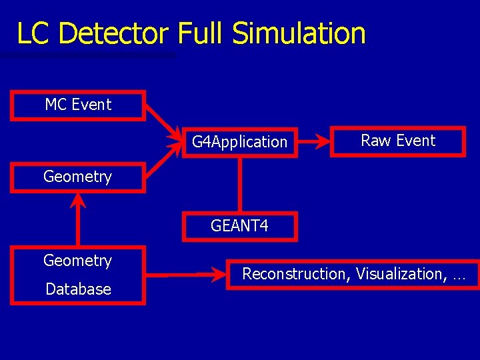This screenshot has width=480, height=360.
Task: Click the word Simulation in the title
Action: (299, 33)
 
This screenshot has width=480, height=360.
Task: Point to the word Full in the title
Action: (202, 33)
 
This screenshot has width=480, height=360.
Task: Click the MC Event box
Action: (78, 105)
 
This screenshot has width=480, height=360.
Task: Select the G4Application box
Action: (239, 142)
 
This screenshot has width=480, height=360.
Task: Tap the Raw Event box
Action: (397, 141)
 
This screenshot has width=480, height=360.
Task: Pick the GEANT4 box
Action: (239, 226)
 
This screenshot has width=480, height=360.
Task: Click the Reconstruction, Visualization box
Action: (353, 274)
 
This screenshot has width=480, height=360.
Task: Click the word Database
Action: (78, 289)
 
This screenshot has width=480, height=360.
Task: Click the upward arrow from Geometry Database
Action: (79, 220)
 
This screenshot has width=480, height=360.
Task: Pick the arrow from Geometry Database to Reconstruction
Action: (187, 274)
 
